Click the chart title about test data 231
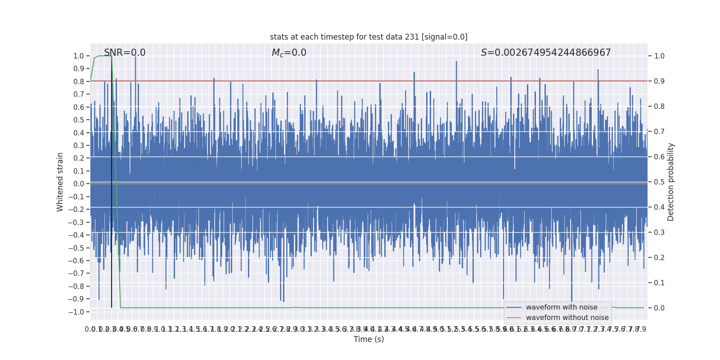[369, 37]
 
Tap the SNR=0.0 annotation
[125, 53]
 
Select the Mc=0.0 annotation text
[289, 53]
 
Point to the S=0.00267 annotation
[546, 53]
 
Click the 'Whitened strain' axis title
[60, 182]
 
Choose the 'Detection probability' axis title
[671, 182]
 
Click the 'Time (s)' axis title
[369, 339]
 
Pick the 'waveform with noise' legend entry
[562, 307]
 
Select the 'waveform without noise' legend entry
[567, 318]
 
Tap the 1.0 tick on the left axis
[79, 56]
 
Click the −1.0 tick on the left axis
[77, 312]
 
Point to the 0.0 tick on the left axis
[79, 184]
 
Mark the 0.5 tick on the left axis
[79, 120]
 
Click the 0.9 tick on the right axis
[659, 81]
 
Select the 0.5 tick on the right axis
[659, 182]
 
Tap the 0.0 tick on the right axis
[659, 308]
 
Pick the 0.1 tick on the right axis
[659, 283]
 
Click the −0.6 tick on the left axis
[77, 261]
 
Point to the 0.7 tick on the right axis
[659, 132]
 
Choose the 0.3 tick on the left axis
[79, 146]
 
